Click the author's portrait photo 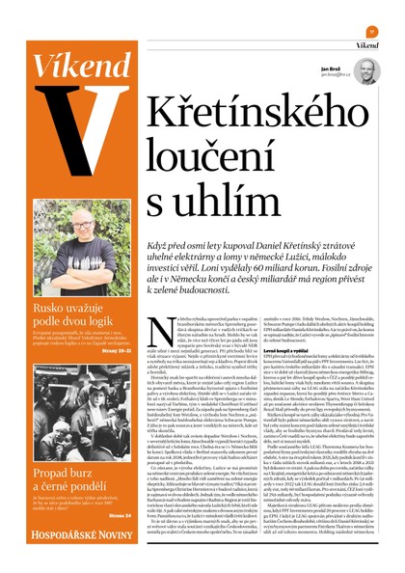click(x=364, y=71)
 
